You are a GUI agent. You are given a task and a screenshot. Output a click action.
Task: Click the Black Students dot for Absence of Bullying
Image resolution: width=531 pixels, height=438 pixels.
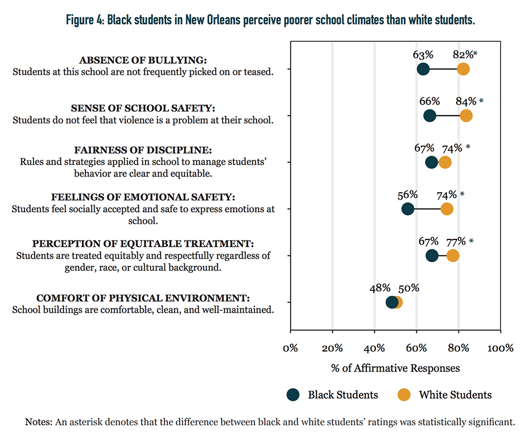tap(423, 69)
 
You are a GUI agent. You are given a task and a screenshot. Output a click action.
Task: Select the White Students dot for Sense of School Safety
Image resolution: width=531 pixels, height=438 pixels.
tap(466, 116)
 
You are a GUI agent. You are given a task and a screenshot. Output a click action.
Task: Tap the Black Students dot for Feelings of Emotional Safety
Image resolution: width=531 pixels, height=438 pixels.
tap(408, 209)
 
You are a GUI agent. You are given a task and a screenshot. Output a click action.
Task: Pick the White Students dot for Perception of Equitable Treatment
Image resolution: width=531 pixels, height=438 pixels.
tap(453, 255)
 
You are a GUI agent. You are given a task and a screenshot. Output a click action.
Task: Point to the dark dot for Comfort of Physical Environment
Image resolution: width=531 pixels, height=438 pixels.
tap(392, 302)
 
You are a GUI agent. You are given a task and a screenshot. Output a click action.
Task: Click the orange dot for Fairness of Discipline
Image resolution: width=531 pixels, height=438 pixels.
tap(445, 162)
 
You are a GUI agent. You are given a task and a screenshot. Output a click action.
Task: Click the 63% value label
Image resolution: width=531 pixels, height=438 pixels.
tap(423, 55)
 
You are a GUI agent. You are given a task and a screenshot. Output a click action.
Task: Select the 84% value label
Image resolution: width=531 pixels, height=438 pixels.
tap(466, 101)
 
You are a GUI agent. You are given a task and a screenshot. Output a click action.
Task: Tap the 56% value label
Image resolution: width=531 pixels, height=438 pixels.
tap(407, 195)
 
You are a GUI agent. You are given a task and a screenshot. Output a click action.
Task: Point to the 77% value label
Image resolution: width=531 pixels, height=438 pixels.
tap(456, 242)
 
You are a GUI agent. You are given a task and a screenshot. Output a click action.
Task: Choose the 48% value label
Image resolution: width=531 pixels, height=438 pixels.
tap(380, 288)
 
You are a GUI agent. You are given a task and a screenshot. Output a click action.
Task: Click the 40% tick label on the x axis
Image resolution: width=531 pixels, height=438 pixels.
tap(374, 348)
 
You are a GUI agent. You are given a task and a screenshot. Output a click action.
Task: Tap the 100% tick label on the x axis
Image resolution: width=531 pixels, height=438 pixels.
tap(501, 348)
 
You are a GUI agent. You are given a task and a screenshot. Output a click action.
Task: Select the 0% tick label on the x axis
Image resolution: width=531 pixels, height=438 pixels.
tap(290, 348)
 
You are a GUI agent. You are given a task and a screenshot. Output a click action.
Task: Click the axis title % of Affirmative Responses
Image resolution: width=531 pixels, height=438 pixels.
tap(395, 368)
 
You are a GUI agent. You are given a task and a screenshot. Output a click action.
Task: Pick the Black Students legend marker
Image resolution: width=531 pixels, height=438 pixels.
tap(293, 394)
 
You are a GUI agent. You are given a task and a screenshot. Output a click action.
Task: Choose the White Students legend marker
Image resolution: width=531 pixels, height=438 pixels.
tap(404, 394)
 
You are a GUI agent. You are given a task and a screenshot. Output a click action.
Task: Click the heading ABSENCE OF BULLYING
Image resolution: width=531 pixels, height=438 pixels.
tap(143, 60)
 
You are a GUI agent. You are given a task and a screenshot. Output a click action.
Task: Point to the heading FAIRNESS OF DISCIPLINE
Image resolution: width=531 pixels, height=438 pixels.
tap(143, 150)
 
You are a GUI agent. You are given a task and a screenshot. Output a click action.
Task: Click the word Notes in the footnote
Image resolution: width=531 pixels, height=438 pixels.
tap(39, 422)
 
